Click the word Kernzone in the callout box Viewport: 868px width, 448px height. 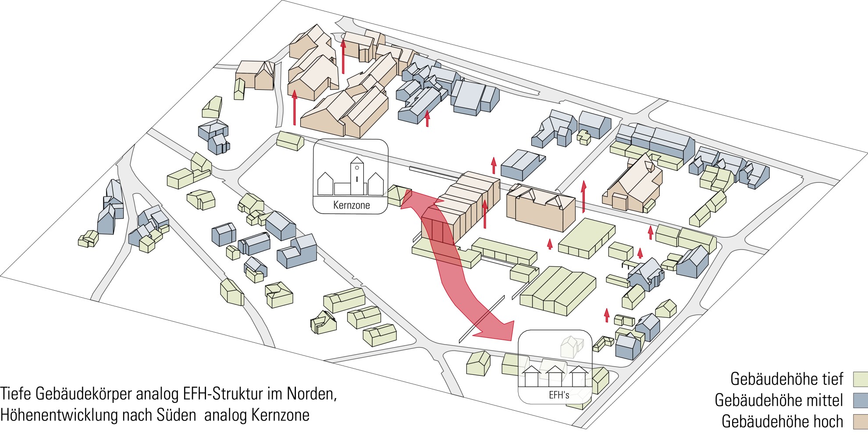point(351,205)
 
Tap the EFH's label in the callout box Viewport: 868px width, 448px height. point(559,395)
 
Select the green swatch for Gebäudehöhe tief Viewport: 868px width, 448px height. point(860,379)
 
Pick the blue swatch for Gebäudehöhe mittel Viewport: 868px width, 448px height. point(860,400)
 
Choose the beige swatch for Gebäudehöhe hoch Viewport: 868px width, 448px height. point(860,421)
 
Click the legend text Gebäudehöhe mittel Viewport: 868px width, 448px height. point(779,400)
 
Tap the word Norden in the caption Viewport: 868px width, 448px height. point(311,394)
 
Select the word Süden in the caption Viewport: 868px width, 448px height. point(176,415)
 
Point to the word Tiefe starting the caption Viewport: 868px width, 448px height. point(16,394)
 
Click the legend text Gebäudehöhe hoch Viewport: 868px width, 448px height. point(782,421)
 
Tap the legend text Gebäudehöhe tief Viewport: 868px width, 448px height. point(786,379)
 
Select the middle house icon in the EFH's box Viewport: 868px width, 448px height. point(554,377)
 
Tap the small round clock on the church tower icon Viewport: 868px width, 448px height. point(357,168)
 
